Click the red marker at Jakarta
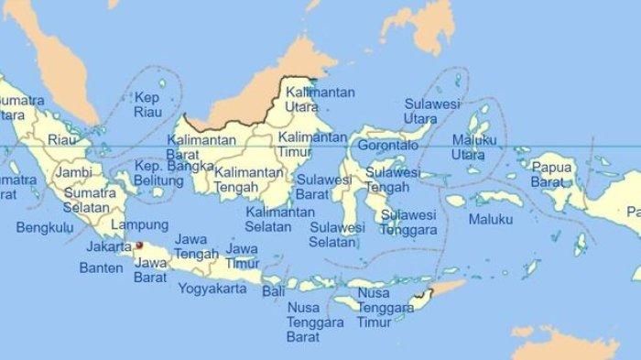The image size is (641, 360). tap(139, 245)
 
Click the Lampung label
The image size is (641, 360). tap(138, 224)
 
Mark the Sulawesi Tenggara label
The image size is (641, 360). tap(408, 222)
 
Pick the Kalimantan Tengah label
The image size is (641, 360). tap(242, 180)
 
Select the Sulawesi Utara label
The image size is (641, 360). tap(433, 112)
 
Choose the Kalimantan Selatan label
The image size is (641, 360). tap(275, 219)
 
